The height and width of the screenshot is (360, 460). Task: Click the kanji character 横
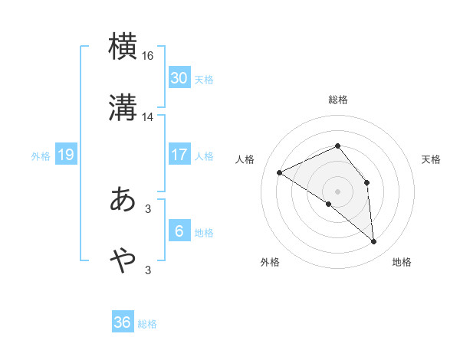(123, 46)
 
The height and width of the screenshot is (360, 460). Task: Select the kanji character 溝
(123, 108)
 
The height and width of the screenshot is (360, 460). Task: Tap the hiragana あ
(123, 198)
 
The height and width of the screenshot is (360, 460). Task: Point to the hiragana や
(123, 261)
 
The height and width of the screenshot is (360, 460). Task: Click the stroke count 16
(148, 56)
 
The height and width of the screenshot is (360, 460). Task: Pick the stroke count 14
(148, 117)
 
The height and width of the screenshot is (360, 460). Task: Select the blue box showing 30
(179, 78)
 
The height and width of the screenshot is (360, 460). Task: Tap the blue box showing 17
(179, 155)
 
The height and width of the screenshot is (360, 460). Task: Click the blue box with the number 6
(179, 231)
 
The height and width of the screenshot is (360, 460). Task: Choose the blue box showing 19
(65, 155)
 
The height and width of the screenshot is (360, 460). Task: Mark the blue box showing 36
(123, 322)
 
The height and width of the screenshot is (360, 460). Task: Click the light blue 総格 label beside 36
(147, 324)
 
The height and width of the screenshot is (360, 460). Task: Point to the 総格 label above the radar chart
(338, 100)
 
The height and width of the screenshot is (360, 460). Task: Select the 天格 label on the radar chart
(432, 159)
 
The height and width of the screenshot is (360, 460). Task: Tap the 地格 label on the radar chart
(402, 263)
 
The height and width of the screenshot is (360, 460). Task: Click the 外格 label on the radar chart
(270, 263)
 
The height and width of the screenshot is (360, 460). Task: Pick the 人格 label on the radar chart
(245, 159)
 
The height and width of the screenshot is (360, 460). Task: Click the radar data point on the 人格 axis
(280, 172)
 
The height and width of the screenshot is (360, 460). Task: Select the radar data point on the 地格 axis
(374, 242)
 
